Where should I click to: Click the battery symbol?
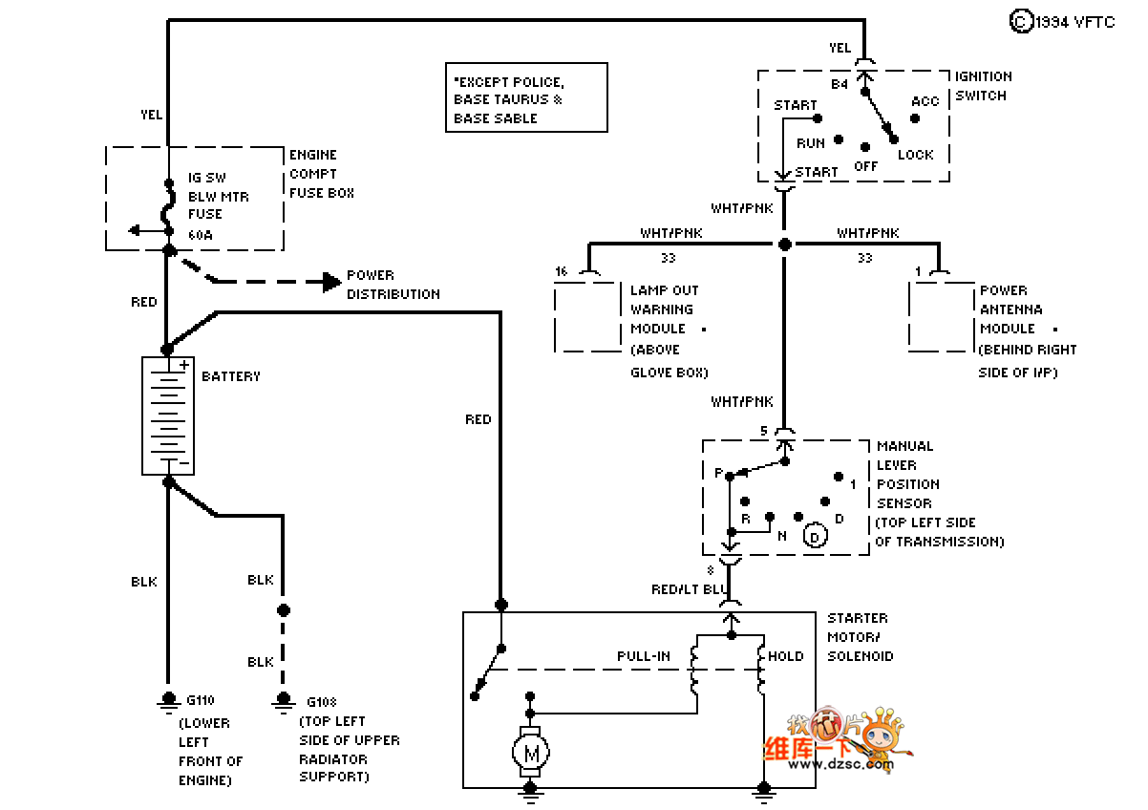pyautogui.click(x=168, y=416)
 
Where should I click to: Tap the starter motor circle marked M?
pyautogui.click(x=531, y=755)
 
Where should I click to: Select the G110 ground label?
pyautogui.click(x=201, y=701)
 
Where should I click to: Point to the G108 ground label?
pyautogui.click(x=322, y=701)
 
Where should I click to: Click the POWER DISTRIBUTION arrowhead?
pyautogui.click(x=331, y=282)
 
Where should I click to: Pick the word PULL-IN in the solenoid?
pyautogui.click(x=644, y=656)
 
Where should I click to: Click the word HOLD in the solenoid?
pyautogui.click(x=786, y=656)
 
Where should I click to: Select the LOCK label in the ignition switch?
pyautogui.click(x=915, y=155)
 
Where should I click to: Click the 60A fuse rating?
pyautogui.click(x=201, y=233)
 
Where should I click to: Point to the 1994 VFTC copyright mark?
pyautogui.click(x=1062, y=22)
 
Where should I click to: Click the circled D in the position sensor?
pyautogui.click(x=815, y=537)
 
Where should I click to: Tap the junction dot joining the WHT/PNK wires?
pyautogui.click(x=784, y=245)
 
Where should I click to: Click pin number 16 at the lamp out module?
pyautogui.click(x=561, y=272)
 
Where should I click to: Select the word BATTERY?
pyautogui.click(x=231, y=376)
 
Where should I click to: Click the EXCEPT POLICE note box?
pyautogui.click(x=526, y=97)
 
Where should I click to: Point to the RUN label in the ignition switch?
pyautogui.click(x=811, y=143)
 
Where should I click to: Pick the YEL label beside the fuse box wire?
pyautogui.click(x=151, y=115)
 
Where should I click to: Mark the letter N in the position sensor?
pyautogui.click(x=782, y=536)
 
